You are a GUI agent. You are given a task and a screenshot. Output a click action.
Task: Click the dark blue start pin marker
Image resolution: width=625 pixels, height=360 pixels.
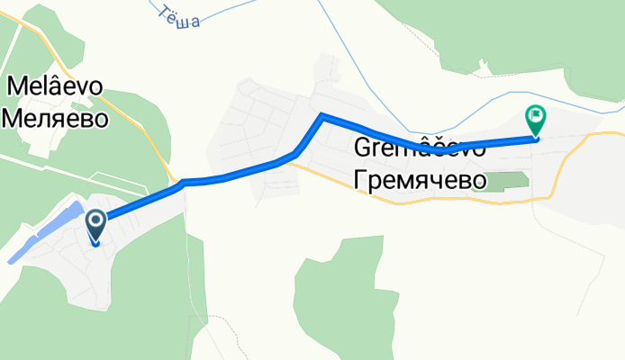tap(95, 224)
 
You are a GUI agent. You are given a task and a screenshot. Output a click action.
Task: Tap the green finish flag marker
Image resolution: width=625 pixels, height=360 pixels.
tap(536, 120)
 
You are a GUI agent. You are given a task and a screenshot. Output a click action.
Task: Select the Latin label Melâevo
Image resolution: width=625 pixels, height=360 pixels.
tap(56, 86)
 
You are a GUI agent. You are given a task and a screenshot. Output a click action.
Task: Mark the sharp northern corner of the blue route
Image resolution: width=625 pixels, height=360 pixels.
tap(321, 115)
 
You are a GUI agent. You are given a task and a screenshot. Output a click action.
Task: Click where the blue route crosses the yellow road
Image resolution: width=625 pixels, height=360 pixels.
tap(177, 184)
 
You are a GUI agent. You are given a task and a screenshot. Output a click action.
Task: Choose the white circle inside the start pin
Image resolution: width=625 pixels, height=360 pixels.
tap(95, 219)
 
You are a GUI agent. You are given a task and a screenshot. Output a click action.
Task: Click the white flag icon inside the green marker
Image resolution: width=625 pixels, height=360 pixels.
tap(536, 114)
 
